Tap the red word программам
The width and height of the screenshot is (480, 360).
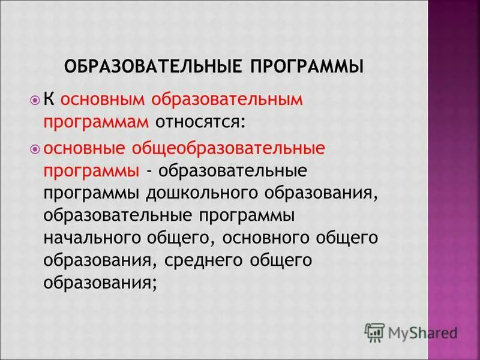tap(95, 122)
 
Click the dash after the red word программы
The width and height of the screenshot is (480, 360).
tap(148, 171)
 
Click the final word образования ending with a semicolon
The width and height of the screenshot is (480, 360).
tap(100, 283)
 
